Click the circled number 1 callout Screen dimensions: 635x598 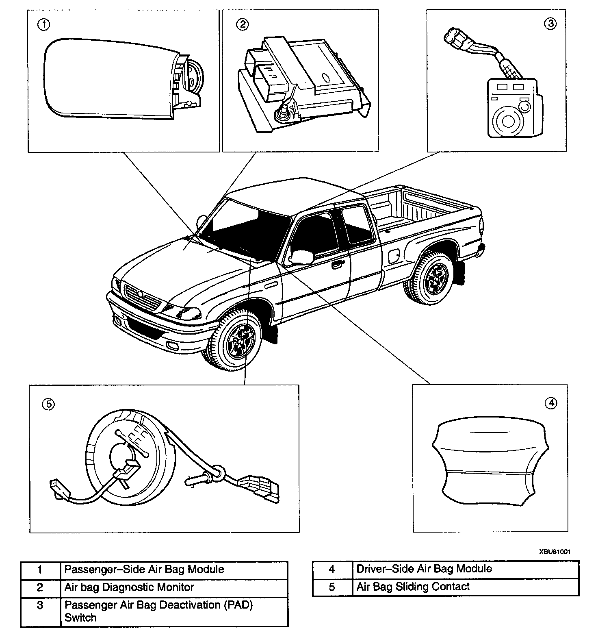[43, 25]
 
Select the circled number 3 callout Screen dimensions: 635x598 [550, 24]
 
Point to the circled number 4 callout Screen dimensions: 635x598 [551, 403]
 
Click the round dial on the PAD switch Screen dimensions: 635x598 [507, 121]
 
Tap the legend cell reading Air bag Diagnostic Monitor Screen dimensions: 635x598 [129, 587]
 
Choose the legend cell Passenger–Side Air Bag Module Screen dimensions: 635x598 [144, 569]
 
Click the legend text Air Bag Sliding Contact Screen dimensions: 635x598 [413, 587]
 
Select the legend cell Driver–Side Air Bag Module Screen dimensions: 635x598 [424, 569]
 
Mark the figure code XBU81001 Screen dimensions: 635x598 [555, 552]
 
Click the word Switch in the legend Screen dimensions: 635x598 [80, 618]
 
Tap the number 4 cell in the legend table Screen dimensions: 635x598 [332, 569]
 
